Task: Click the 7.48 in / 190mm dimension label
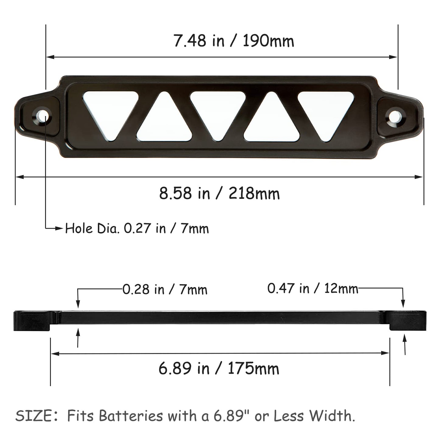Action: tap(234, 41)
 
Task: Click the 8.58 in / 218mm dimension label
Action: tap(219, 193)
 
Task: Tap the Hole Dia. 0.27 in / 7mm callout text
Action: tap(137, 229)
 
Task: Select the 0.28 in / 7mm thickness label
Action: tap(165, 290)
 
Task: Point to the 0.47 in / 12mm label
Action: tap(313, 288)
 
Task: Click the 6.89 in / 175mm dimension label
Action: tap(219, 369)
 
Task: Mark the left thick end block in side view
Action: tap(32, 321)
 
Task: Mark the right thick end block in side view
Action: tap(408, 321)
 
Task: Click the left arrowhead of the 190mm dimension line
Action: tap(50, 57)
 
